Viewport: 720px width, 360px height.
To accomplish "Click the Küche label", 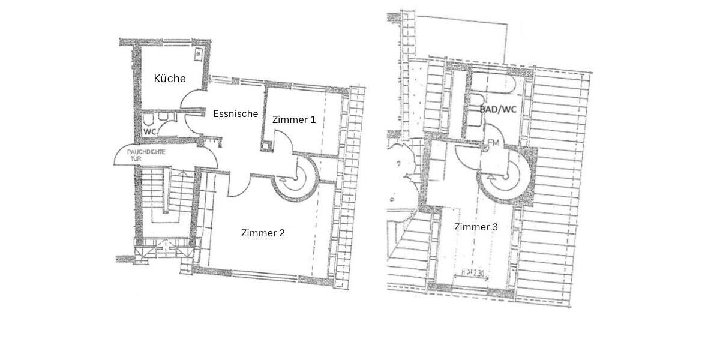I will (170, 79).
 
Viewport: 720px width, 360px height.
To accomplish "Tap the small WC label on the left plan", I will (149, 131).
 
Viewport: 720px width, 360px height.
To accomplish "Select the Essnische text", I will (236, 113).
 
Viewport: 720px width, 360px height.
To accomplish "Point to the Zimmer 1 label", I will (294, 120).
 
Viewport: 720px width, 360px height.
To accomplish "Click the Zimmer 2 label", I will (263, 233).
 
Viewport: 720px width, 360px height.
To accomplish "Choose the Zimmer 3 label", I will (475, 227).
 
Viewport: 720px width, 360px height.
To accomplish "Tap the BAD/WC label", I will (498, 110).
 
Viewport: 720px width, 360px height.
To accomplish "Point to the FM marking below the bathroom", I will (494, 143).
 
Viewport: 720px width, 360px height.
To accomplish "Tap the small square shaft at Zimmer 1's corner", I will (265, 146).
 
